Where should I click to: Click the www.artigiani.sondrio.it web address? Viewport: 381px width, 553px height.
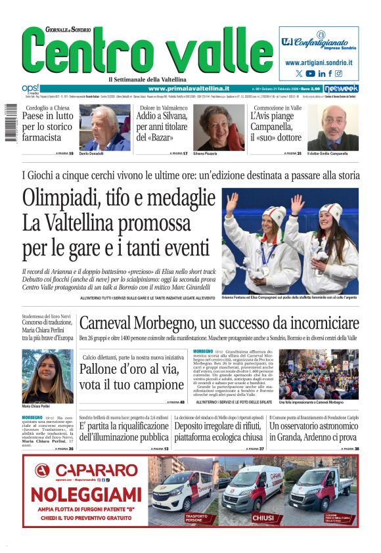click(x=319, y=62)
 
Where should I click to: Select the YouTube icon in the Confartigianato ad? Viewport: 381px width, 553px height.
click(x=310, y=74)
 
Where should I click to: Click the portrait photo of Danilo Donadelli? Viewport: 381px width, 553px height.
click(x=104, y=127)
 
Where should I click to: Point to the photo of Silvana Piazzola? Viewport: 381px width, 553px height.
click(x=218, y=127)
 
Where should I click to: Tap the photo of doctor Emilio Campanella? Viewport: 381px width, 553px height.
click(x=333, y=127)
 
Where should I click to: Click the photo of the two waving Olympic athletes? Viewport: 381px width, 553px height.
click(x=290, y=240)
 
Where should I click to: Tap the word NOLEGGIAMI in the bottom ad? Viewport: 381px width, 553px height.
click(x=86, y=494)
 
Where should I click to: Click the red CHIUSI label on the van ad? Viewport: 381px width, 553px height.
click(x=263, y=518)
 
